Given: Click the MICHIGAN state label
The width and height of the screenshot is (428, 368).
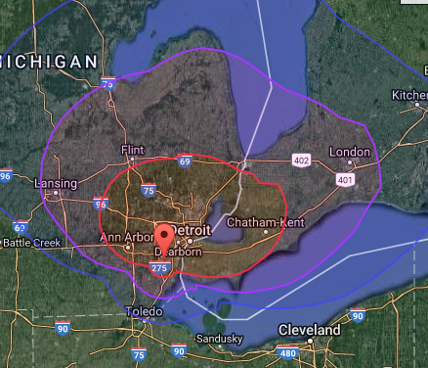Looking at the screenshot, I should coord(49,62).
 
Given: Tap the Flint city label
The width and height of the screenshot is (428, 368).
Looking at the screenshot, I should coord(131,150).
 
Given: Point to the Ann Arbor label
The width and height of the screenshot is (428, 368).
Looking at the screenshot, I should coord(123,236).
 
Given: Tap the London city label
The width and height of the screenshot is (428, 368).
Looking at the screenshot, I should coord(350,152).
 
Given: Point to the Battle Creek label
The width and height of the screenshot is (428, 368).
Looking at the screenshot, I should coord(32,242).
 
